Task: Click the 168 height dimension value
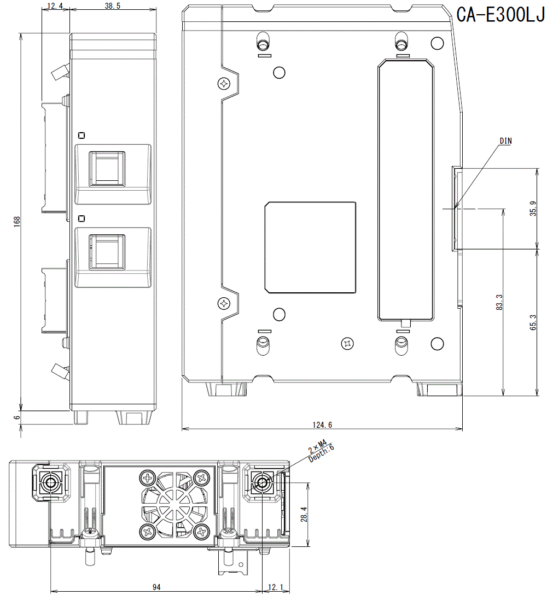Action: pyautogui.click(x=17, y=221)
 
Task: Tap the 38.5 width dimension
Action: pyautogui.click(x=113, y=6)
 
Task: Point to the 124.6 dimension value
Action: pyautogui.click(x=322, y=425)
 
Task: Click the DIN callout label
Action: pyautogui.click(x=505, y=141)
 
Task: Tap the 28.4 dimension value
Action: pyautogui.click(x=304, y=514)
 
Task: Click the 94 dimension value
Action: pyautogui.click(x=156, y=587)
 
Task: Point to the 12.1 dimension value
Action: pyautogui.click(x=276, y=587)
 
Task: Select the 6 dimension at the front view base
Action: pyautogui.click(x=17, y=417)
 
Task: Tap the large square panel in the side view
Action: pyautogui.click(x=310, y=247)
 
